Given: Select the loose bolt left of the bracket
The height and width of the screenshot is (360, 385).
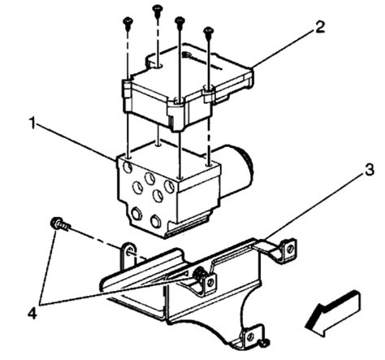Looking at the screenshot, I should click(59, 223).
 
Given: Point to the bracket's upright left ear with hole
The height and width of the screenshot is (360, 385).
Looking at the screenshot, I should click(128, 253).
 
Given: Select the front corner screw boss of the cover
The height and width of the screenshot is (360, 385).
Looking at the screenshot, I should click(176, 104).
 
